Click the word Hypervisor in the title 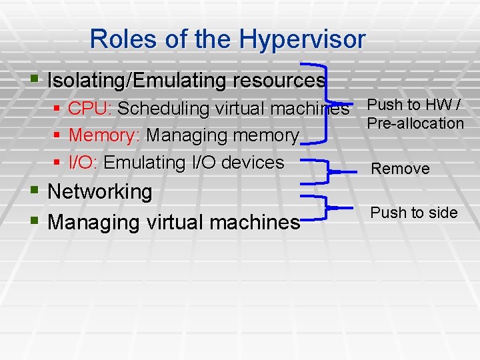click(x=303, y=39)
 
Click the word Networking click(x=100, y=191)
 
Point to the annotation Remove click(x=400, y=169)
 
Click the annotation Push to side click(x=414, y=213)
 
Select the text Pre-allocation click(x=415, y=123)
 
